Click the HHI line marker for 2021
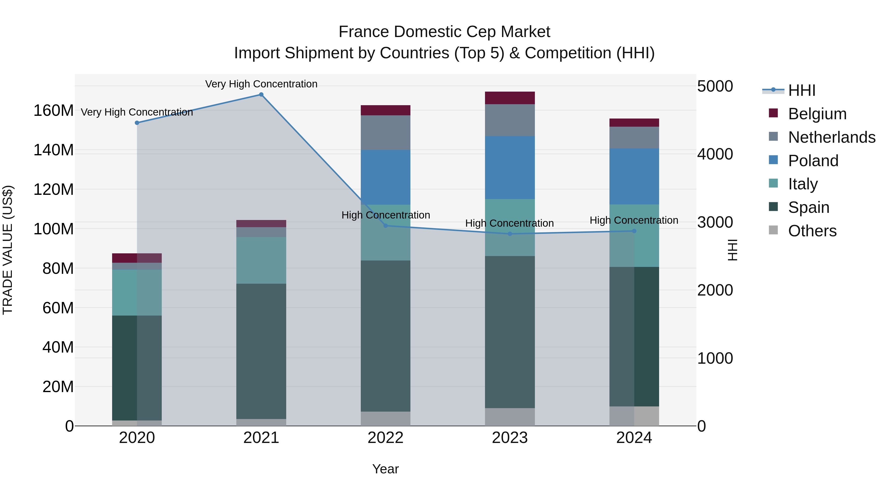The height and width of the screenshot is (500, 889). (261, 95)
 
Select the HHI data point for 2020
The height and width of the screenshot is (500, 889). (137, 123)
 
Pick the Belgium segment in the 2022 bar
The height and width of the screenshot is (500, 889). (385, 110)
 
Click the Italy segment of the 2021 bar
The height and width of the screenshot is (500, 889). (261, 260)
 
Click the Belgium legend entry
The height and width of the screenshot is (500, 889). (817, 114)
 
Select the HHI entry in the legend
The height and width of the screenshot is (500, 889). (801, 90)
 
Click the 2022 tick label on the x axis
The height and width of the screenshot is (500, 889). (385, 438)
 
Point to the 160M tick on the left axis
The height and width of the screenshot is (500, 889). (54, 111)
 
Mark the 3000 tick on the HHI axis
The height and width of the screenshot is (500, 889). (715, 222)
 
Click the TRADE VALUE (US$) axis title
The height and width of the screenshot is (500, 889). (8, 250)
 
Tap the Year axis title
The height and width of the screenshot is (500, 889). (385, 469)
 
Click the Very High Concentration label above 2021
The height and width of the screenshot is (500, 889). (261, 84)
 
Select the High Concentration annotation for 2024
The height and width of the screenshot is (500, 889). (634, 220)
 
